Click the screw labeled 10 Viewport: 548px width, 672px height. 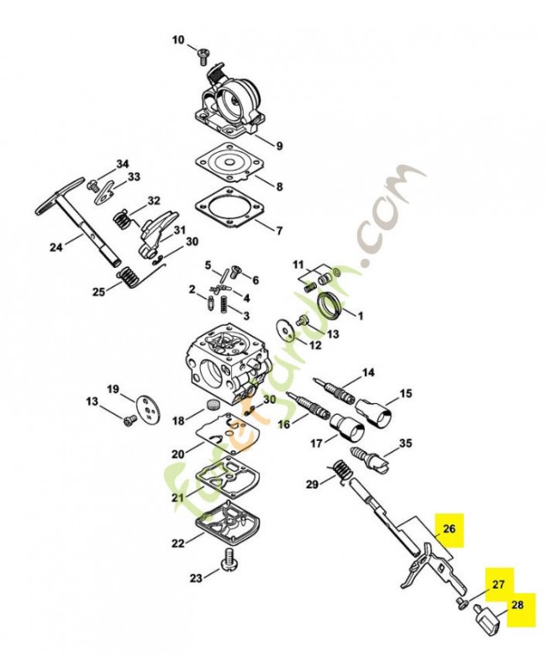[x=203, y=56]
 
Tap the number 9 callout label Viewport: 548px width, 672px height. [x=279, y=146]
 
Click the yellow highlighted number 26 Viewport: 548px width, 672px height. [x=449, y=529]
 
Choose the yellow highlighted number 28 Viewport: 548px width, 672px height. [x=518, y=605]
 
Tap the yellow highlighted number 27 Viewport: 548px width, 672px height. [x=498, y=584]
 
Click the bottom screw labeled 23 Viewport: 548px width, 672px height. [x=229, y=559]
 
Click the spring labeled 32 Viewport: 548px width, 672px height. [x=123, y=219]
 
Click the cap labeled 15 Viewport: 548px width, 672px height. [x=374, y=412]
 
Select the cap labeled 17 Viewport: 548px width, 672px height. [x=348, y=428]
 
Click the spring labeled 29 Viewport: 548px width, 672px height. [x=341, y=472]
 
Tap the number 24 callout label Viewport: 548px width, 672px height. [x=55, y=247]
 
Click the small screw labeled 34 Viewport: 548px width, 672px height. [x=92, y=186]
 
